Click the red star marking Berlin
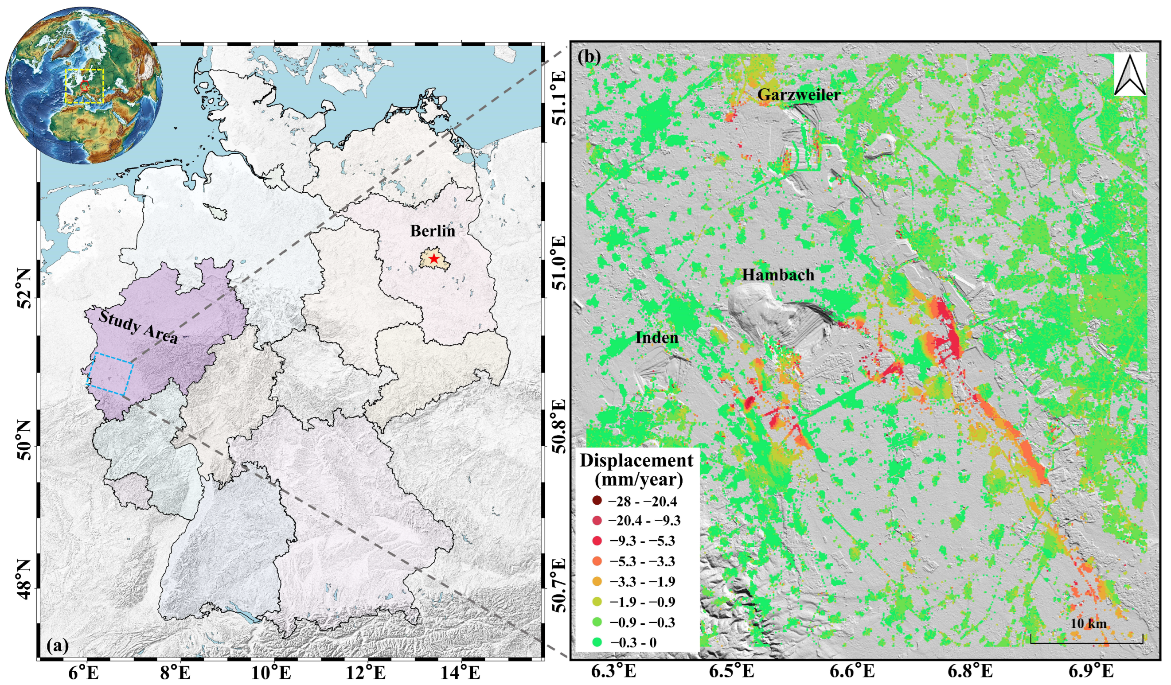click(x=433, y=259)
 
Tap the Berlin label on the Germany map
click(x=432, y=231)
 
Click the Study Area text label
click(x=138, y=328)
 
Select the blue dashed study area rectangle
click(x=110, y=374)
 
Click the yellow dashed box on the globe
click(x=84, y=86)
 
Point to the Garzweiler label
click(x=799, y=95)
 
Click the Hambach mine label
click(x=778, y=275)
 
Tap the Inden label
click(x=656, y=338)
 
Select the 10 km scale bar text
click(x=1088, y=623)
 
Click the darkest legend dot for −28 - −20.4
click(x=597, y=501)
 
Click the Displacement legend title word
click(x=636, y=460)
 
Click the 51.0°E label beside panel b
click(x=559, y=262)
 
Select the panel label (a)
click(x=58, y=646)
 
